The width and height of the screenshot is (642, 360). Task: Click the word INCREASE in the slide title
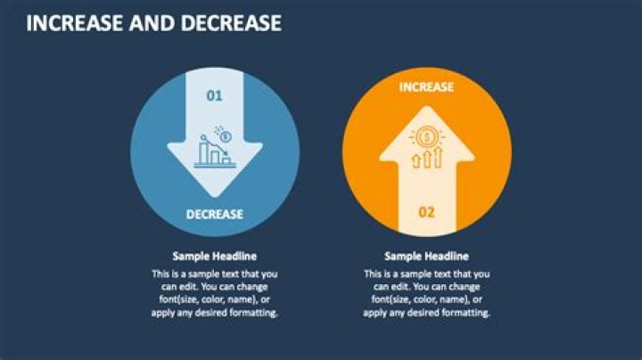point(75,23)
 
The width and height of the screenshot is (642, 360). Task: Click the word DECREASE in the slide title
point(231,23)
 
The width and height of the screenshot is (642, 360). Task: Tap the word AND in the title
point(152,23)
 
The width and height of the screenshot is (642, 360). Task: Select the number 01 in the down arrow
point(214,96)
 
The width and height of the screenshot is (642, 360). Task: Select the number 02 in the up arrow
point(426,212)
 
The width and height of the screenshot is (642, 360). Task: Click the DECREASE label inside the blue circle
point(215,215)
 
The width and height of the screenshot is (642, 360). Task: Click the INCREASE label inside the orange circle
point(426,86)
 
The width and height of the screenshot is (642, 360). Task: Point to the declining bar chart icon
point(215,151)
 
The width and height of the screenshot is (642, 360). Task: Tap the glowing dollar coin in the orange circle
point(427,136)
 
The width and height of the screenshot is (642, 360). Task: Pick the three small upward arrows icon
point(427,158)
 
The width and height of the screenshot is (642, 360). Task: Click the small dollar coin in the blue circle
point(224,135)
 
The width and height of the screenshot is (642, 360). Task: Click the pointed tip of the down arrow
point(215,197)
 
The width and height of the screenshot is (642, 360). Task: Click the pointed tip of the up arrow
point(427,107)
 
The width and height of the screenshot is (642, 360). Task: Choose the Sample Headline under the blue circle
point(215,256)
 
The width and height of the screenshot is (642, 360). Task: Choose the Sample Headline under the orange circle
point(426,256)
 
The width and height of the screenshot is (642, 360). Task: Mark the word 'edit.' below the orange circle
point(397,287)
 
